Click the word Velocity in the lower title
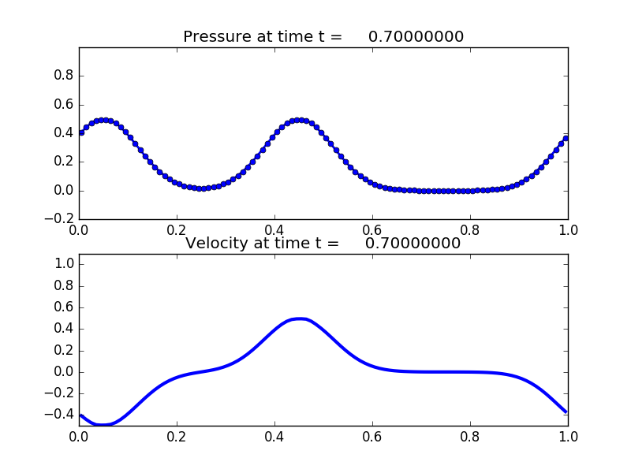[x=216, y=244]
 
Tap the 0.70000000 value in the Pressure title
[x=416, y=37]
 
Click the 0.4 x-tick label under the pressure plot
[x=274, y=229]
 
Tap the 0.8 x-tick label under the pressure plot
[x=470, y=229]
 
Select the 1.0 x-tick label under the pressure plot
[x=568, y=229]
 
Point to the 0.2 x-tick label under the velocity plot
[x=177, y=436]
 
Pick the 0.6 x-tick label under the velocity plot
[x=372, y=436]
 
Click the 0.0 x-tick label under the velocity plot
[x=79, y=436]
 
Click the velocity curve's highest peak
[x=299, y=318]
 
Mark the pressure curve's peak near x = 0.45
[x=299, y=120]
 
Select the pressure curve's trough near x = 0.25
[x=201, y=188]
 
